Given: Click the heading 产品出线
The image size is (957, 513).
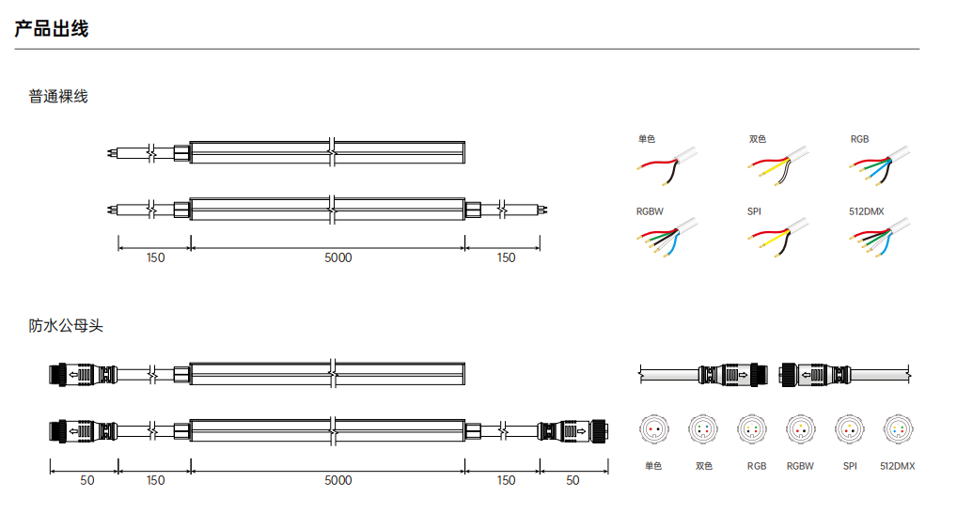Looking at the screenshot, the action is tap(52, 29).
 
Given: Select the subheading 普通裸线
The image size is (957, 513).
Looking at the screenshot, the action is tap(58, 97).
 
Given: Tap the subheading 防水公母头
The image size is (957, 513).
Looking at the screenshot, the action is tap(66, 326).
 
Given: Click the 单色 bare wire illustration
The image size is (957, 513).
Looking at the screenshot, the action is tap(667, 165).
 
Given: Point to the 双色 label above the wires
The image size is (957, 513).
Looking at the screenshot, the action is tap(758, 139).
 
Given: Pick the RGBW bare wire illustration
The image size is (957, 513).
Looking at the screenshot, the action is tap(667, 238).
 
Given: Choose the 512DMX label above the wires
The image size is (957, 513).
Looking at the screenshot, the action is tap(866, 211).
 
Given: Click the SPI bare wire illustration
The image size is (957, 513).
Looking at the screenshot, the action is tap(777, 238).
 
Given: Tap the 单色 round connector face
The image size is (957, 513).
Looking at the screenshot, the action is tap(653, 429).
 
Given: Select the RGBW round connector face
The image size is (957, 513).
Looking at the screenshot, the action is tap(800, 429).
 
